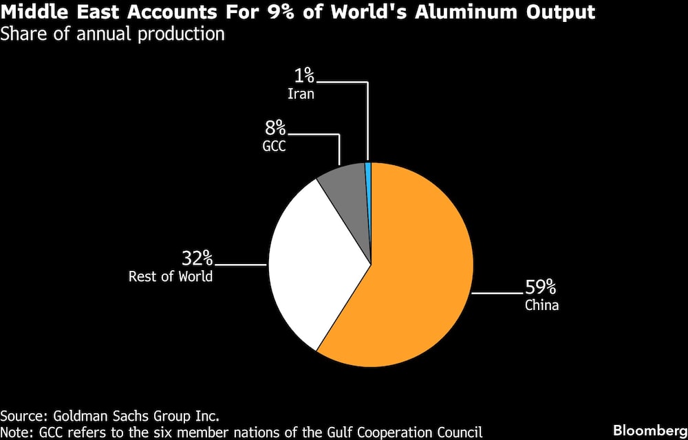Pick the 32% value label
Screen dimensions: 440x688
pos(197,258)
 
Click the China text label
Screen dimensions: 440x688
pos(541,305)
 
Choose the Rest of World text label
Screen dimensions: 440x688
pos(171,277)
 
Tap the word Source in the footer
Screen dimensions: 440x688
pos(22,416)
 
